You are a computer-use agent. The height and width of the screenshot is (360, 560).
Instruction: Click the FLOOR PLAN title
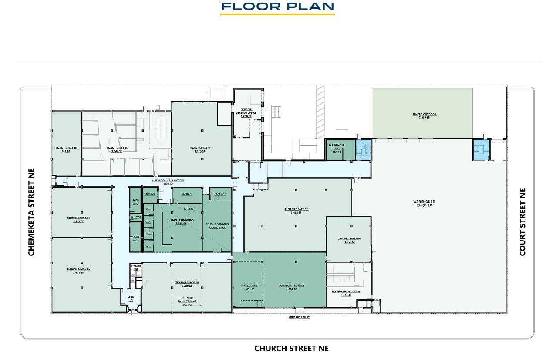(277, 7)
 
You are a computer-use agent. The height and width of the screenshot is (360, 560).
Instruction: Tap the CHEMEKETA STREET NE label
(31, 212)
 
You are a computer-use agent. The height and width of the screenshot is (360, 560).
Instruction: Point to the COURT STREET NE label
(523, 222)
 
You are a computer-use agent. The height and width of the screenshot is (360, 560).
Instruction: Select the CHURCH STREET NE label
(291, 348)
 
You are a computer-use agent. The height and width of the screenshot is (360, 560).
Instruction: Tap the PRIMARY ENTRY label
(299, 317)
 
